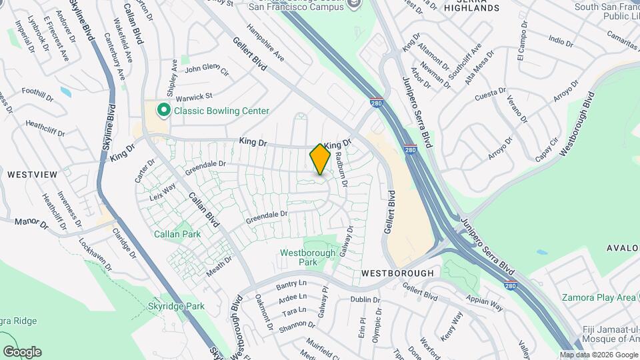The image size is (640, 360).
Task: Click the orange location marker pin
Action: [320, 159]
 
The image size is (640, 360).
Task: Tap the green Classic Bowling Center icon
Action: [162, 110]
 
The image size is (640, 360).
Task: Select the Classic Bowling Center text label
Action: [221, 111]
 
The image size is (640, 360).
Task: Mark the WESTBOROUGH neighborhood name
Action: [397, 273]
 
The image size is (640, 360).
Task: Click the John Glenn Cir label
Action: [207, 69]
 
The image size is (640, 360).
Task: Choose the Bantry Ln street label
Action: [291, 287]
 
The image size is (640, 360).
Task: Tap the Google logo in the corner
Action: [22, 351]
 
